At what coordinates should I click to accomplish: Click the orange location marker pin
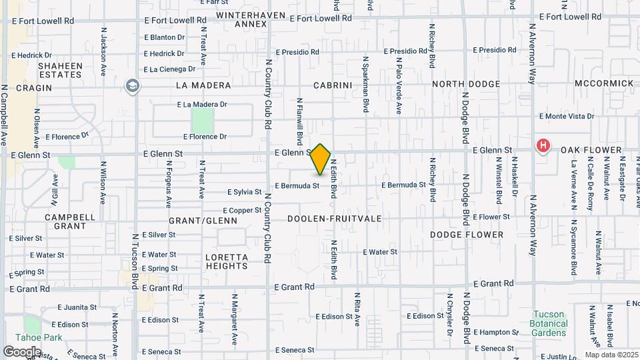(x=321, y=159)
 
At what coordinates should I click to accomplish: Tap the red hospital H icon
(x=543, y=145)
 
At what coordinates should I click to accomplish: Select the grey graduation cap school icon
(x=133, y=85)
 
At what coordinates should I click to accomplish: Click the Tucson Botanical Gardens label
(x=550, y=323)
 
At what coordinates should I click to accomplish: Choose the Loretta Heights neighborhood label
(x=227, y=261)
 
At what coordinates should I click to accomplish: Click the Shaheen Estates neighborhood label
(x=60, y=70)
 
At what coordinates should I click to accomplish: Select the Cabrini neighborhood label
(x=332, y=85)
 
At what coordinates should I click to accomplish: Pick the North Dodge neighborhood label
(x=466, y=84)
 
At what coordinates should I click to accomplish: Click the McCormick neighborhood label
(x=603, y=83)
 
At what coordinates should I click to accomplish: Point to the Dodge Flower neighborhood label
(x=467, y=235)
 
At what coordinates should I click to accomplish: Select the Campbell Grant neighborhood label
(x=70, y=221)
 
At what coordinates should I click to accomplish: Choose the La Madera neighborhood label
(x=203, y=85)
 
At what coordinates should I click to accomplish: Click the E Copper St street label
(x=237, y=210)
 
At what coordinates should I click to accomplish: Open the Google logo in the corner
(x=21, y=351)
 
